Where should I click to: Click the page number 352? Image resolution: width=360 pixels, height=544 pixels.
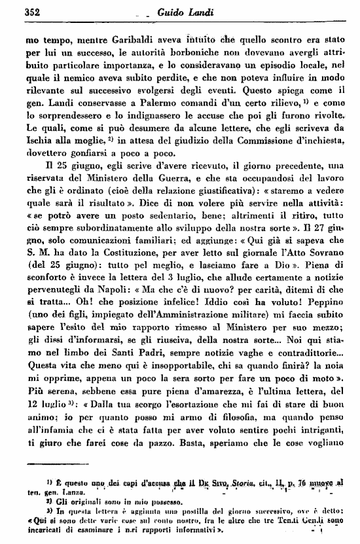pyautogui.click(x=33, y=10)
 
